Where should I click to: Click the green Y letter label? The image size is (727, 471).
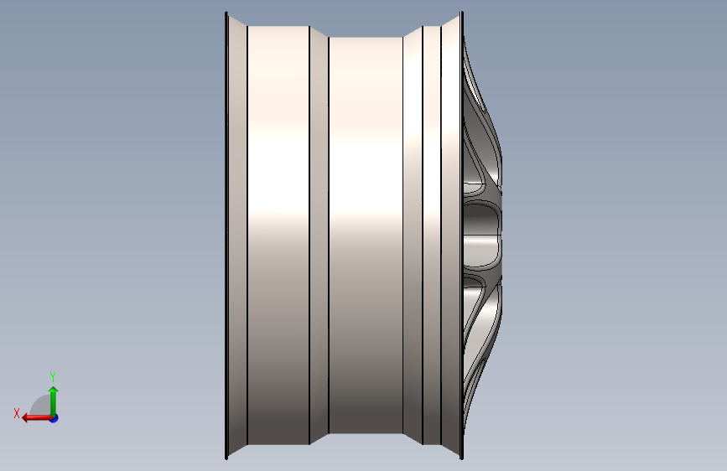click(x=53, y=376)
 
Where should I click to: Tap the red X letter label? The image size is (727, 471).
click(x=17, y=413)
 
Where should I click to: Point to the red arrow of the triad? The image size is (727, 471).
click(x=38, y=418)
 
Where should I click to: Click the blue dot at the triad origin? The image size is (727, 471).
click(x=55, y=418)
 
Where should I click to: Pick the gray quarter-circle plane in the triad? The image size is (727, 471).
click(x=40, y=405)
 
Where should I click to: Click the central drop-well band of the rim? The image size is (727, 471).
click(x=366, y=235)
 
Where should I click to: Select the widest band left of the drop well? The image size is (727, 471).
click(x=278, y=235)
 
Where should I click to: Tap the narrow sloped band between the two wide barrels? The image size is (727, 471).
click(x=319, y=235)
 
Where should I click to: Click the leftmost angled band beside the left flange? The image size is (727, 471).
click(x=238, y=235)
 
